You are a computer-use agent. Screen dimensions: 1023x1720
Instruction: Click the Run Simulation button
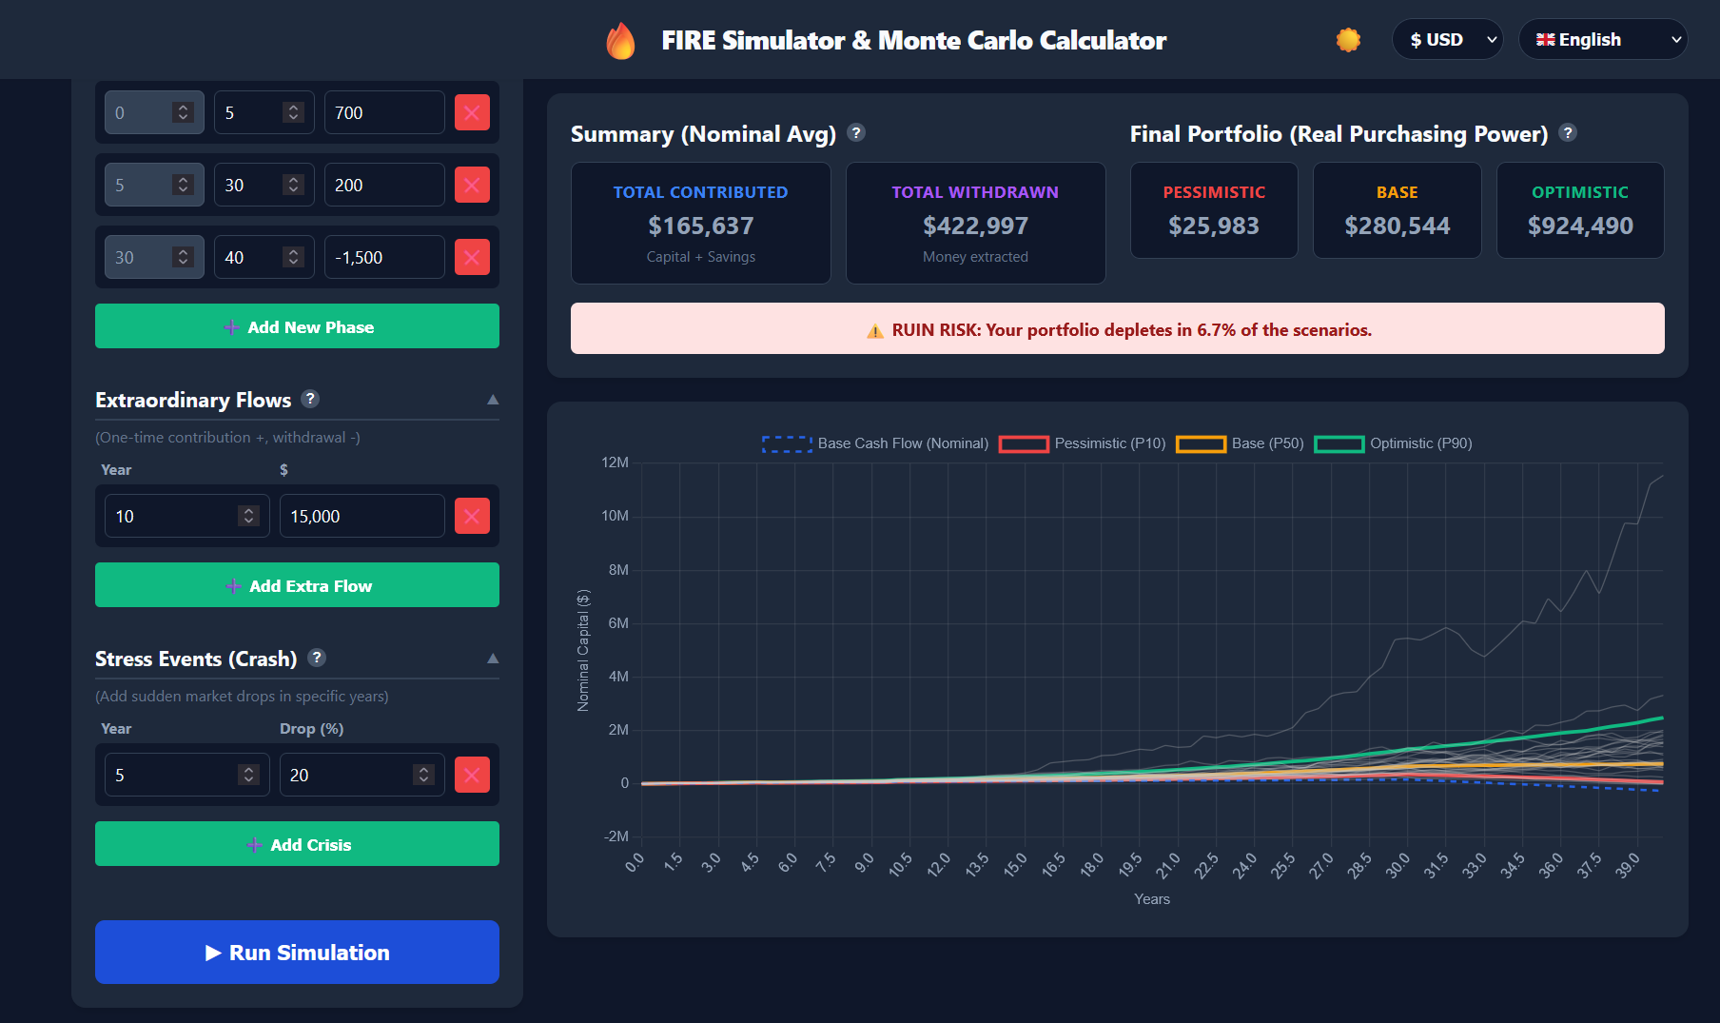[x=297, y=952]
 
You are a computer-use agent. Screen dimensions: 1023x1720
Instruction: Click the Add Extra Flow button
[x=297, y=585]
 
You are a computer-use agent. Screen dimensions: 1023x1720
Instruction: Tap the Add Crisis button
[x=297, y=844]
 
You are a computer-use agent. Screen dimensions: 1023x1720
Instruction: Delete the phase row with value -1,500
[x=472, y=257]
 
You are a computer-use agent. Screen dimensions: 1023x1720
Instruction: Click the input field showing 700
[x=383, y=112]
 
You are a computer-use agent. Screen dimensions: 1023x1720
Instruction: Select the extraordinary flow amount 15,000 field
[x=362, y=516]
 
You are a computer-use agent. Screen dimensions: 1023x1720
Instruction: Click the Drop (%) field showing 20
[x=347, y=775]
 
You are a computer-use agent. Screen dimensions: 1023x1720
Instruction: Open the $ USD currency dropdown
[x=1447, y=40]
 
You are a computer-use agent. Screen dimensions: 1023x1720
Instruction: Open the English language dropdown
[x=1602, y=40]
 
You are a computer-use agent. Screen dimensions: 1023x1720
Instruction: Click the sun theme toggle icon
[x=1348, y=40]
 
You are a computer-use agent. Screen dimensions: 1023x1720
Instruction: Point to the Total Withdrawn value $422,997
[x=975, y=226]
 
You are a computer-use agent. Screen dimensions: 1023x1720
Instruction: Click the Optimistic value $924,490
[x=1580, y=226]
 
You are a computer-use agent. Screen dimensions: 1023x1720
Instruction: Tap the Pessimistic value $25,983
[x=1213, y=226]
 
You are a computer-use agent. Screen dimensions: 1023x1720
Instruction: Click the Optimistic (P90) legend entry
[x=1393, y=443]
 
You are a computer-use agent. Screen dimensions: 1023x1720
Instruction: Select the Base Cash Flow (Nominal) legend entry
[x=875, y=443]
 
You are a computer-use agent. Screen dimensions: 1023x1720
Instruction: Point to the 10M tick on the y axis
[x=615, y=516]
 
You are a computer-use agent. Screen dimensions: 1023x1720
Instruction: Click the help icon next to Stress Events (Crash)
[x=318, y=658]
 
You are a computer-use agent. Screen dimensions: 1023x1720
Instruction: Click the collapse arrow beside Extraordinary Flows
[x=493, y=400]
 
